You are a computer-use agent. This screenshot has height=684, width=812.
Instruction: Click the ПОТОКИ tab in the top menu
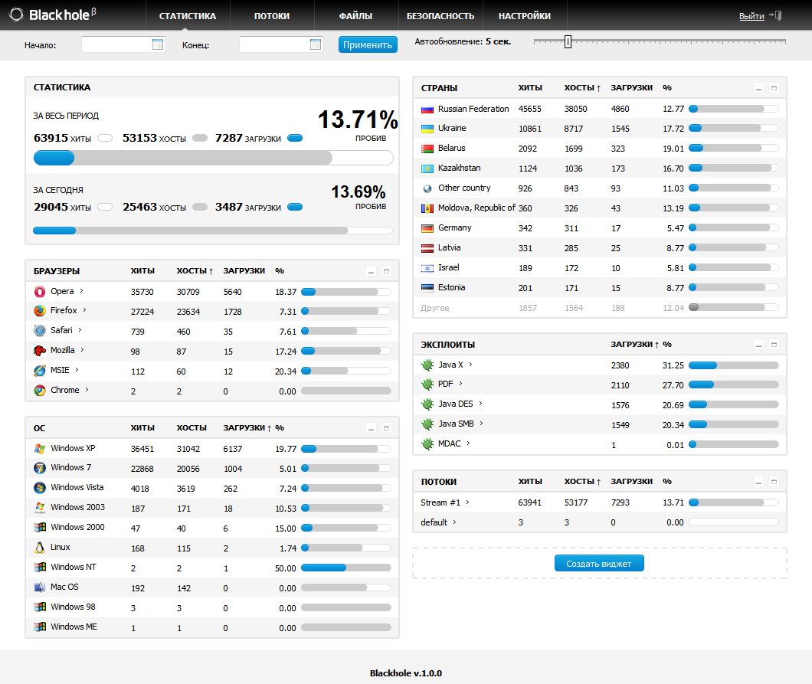point(271,16)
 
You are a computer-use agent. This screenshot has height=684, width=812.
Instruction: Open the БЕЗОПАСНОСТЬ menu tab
point(440,16)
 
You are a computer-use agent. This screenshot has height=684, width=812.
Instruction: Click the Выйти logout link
point(751,16)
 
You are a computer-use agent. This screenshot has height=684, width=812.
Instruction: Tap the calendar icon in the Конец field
point(316,44)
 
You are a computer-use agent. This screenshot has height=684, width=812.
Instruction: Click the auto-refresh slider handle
point(568,41)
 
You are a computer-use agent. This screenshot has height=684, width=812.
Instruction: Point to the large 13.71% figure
point(358,119)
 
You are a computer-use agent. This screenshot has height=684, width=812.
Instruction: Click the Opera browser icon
point(40,291)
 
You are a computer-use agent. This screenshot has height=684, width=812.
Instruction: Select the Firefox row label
point(64,311)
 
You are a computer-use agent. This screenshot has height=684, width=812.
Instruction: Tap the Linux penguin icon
point(40,548)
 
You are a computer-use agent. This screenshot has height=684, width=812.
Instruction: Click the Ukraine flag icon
point(427,129)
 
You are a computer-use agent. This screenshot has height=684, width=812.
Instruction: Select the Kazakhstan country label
point(460,169)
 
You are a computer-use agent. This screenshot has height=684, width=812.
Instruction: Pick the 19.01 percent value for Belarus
point(673,149)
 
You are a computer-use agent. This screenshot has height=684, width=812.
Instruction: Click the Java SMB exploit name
point(456,424)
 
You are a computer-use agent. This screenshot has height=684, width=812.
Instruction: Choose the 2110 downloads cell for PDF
point(620,385)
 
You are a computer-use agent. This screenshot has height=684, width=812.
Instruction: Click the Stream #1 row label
point(440,502)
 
